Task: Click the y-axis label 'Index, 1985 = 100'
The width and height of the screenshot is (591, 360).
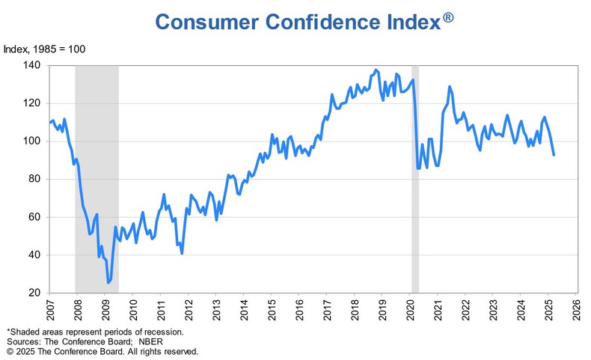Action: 45,49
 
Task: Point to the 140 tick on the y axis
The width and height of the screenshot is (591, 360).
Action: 36,66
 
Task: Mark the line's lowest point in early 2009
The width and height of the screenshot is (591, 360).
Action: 108,283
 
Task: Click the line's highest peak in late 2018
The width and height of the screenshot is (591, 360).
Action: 376,70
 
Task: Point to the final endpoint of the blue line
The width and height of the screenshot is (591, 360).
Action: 554,155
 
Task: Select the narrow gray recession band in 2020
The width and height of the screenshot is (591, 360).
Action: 415,180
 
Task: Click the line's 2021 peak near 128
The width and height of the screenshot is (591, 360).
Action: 450,86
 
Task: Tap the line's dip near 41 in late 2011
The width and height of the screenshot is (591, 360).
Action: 182,254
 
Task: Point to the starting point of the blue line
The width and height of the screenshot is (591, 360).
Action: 50,122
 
